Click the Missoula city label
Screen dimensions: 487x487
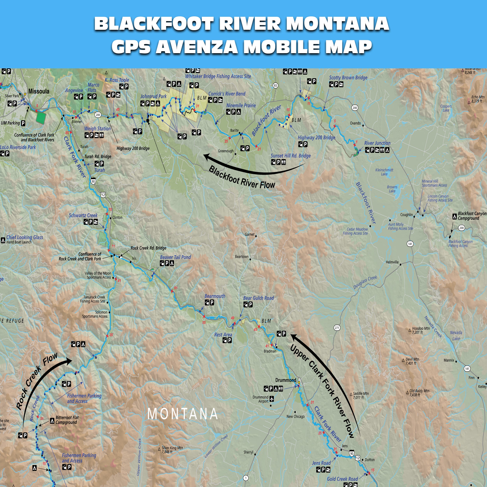pyautogui.click(x=39, y=91)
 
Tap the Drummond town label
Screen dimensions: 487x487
pyautogui.click(x=286, y=380)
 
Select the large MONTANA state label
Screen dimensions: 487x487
pyautogui.click(x=183, y=414)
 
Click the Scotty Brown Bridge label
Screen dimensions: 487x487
pyautogui.click(x=348, y=78)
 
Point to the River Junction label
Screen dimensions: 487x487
pyautogui.click(x=377, y=143)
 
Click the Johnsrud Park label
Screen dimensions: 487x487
pyautogui.click(x=154, y=96)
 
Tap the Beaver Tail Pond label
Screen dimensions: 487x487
pyautogui.click(x=176, y=257)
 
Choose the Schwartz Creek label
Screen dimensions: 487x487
pyautogui.click(x=83, y=215)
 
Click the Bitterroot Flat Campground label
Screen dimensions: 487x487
pyautogui.click(x=67, y=420)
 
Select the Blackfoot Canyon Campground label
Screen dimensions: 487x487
pyautogui.click(x=472, y=216)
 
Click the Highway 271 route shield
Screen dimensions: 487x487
pyautogui.click(x=337, y=328)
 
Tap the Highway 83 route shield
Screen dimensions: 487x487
pyautogui.click(x=275, y=86)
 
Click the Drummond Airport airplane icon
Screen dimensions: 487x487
pyautogui.click(x=272, y=399)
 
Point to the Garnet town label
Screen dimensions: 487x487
pyautogui.click(x=250, y=234)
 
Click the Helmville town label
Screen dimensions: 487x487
pyautogui.click(x=392, y=262)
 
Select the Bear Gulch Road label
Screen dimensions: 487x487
pyautogui.click(x=258, y=298)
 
